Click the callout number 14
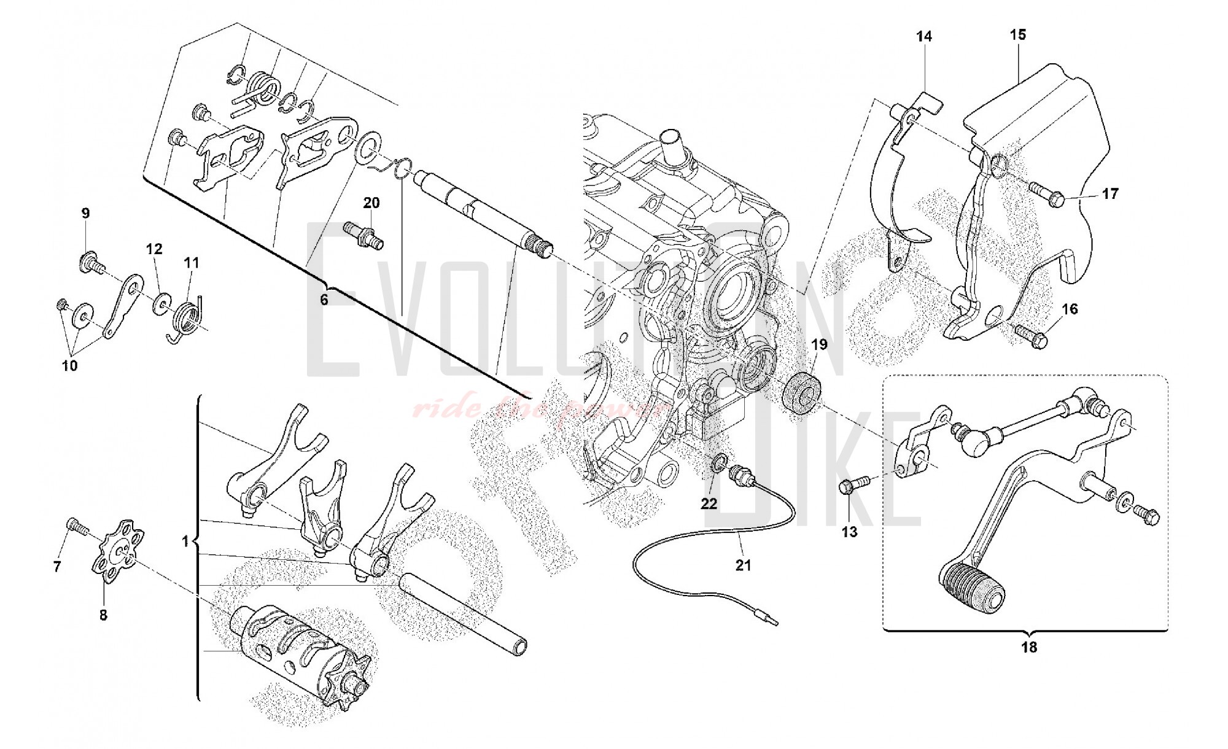(923, 37)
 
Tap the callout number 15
(1017, 35)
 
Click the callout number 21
(743, 565)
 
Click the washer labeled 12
(162, 302)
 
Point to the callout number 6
(324, 300)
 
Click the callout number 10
(69, 366)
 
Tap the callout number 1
(185, 541)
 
